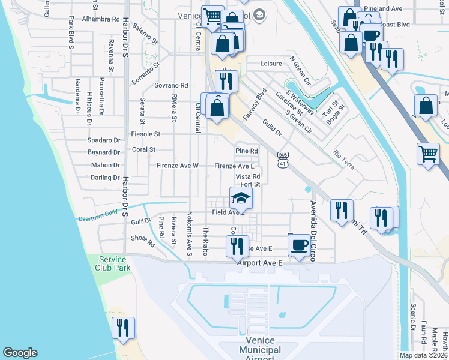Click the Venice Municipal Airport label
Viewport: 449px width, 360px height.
(260, 349)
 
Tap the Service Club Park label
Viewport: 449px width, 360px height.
(113, 263)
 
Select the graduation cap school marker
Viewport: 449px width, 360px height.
(241, 198)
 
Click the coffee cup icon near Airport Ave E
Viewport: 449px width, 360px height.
(300, 244)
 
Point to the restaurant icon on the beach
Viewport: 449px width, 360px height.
(124, 328)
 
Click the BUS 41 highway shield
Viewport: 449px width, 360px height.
(282, 159)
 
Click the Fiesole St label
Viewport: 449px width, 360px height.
(145, 134)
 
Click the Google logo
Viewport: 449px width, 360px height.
(20, 353)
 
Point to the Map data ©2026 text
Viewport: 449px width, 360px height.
(424, 355)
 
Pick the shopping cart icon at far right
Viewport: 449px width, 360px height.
(428, 154)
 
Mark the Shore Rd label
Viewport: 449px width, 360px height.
(143, 240)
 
